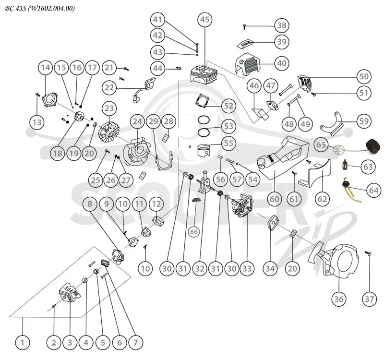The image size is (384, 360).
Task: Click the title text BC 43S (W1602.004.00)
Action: coord(40,8)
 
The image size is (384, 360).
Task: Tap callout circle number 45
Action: coord(205,19)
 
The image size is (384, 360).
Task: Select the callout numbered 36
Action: coord(339,299)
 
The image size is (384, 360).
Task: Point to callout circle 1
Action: coord(23,342)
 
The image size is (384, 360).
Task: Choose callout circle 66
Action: coord(194,232)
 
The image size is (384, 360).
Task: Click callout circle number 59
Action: coord(364,121)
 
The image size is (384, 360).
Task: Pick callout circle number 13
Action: coord(37,122)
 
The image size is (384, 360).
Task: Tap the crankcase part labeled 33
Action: coord(242,205)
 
